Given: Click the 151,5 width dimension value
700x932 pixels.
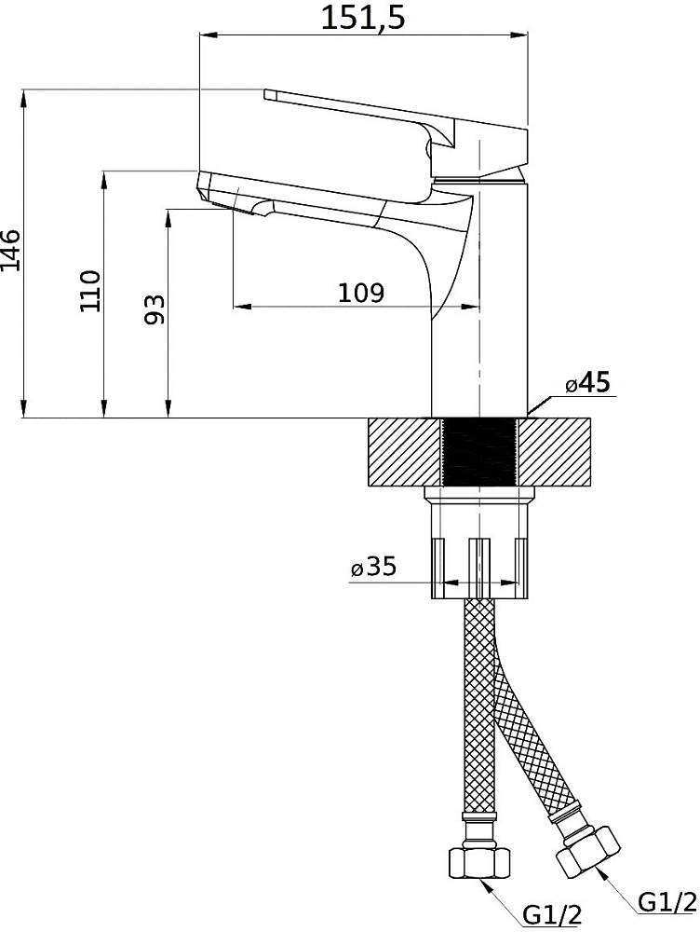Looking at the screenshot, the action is click(363, 17).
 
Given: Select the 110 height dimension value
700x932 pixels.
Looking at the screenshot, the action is click(91, 291).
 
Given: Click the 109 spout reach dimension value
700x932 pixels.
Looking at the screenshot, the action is click(361, 293).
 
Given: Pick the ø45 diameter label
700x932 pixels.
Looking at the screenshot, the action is click(587, 383).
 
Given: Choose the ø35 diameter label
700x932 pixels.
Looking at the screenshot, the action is click(373, 567).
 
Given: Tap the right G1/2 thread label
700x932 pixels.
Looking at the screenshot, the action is click(666, 902).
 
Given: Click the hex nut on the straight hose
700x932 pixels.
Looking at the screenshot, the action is click(478, 859).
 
